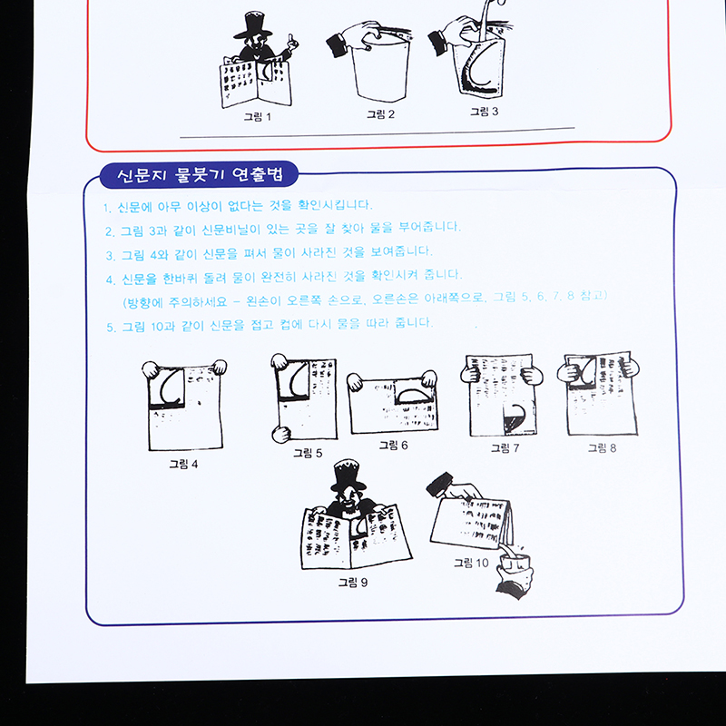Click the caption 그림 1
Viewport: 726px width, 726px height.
(258, 117)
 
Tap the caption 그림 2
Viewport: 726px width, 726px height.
(380, 114)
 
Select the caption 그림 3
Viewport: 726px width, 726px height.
(485, 111)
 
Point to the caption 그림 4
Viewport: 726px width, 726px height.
(183, 464)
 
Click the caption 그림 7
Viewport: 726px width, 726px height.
(505, 447)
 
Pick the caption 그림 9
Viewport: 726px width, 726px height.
(353, 582)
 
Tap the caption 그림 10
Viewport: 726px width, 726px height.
(471, 563)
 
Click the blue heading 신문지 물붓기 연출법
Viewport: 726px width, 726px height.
(200, 175)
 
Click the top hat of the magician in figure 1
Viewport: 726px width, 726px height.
(253, 25)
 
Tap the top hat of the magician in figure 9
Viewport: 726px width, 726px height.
(348, 475)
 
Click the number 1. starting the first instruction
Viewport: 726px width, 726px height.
(107, 208)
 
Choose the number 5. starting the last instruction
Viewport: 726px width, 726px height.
(111, 328)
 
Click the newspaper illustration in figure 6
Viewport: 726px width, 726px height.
(393, 403)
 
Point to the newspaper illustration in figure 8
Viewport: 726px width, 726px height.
(599, 394)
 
